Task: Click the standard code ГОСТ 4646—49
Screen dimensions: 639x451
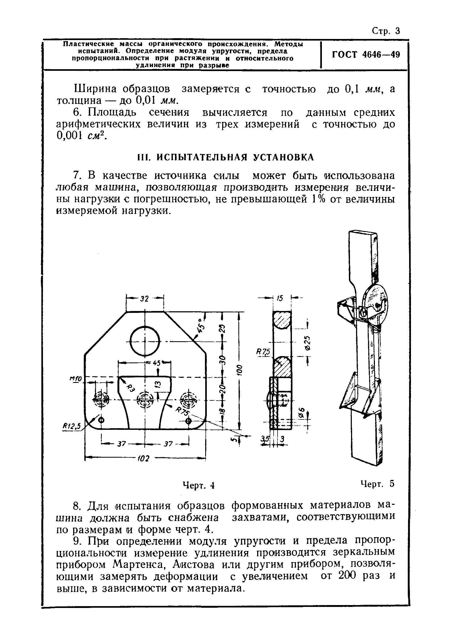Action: pyautogui.click(x=366, y=54)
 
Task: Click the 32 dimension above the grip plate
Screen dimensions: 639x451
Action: pyautogui.click(x=144, y=299)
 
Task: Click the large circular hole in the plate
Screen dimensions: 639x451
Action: pyautogui.click(x=145, y=341)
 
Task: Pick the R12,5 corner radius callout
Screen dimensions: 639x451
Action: pyautogui.click(x=72, y=426)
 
